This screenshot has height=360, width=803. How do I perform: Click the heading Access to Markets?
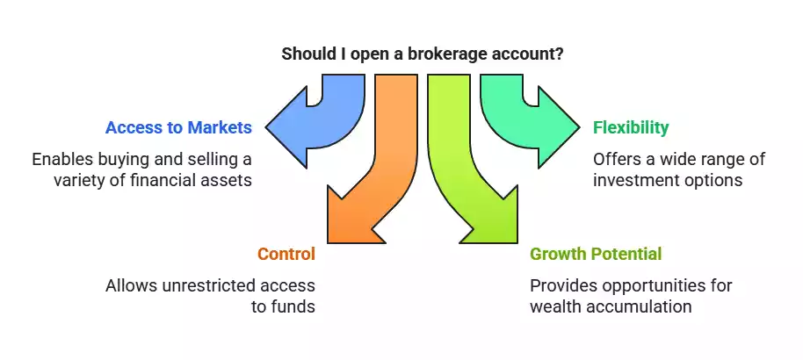point(178,127)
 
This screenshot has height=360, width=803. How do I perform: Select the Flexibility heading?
point(631,127)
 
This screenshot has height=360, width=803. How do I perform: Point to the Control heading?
point(286,255)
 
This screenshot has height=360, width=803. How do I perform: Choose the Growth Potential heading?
point(596,255)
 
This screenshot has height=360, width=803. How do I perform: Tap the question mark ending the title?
point(560,54)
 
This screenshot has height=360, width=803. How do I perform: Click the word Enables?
point(62,160)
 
